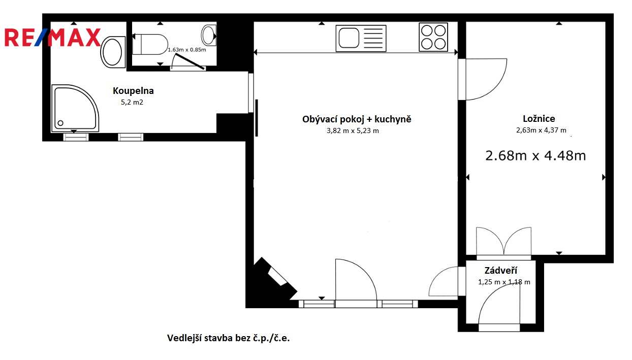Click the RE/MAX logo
click(52, 37)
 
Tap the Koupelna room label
click(133, 91)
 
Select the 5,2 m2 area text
click(132, 102)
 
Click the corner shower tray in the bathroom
click(75, 108)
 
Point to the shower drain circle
click(60, 123)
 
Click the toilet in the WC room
click(150, 44)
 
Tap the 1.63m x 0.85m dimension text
click(187, 50)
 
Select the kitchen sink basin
click(349, 38)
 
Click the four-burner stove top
click(433, 37)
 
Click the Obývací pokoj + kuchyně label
click(357, 119)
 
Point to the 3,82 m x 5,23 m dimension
click(353, 130)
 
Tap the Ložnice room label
click(539, 119)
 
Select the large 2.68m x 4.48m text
click(535, 155)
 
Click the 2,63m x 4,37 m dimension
click(541, 130)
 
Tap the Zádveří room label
click(501, 271)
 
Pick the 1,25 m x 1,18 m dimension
click(504, 282)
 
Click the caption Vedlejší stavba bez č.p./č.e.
click(229, 338)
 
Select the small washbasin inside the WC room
click(209, 35)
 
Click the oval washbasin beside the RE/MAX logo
click(113, 52)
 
